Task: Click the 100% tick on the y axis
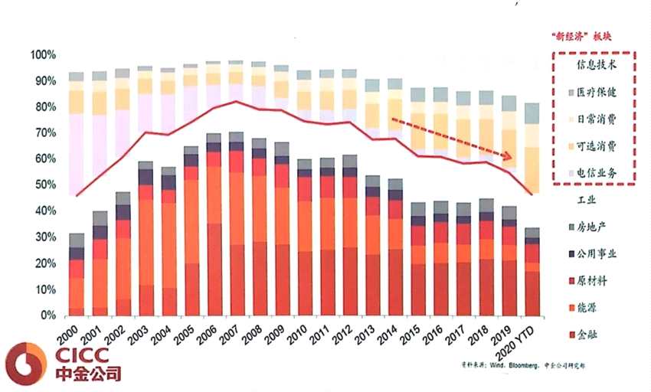point(41,55)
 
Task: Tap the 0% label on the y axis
point(47,315)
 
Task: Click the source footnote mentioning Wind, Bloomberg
point(521,366)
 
